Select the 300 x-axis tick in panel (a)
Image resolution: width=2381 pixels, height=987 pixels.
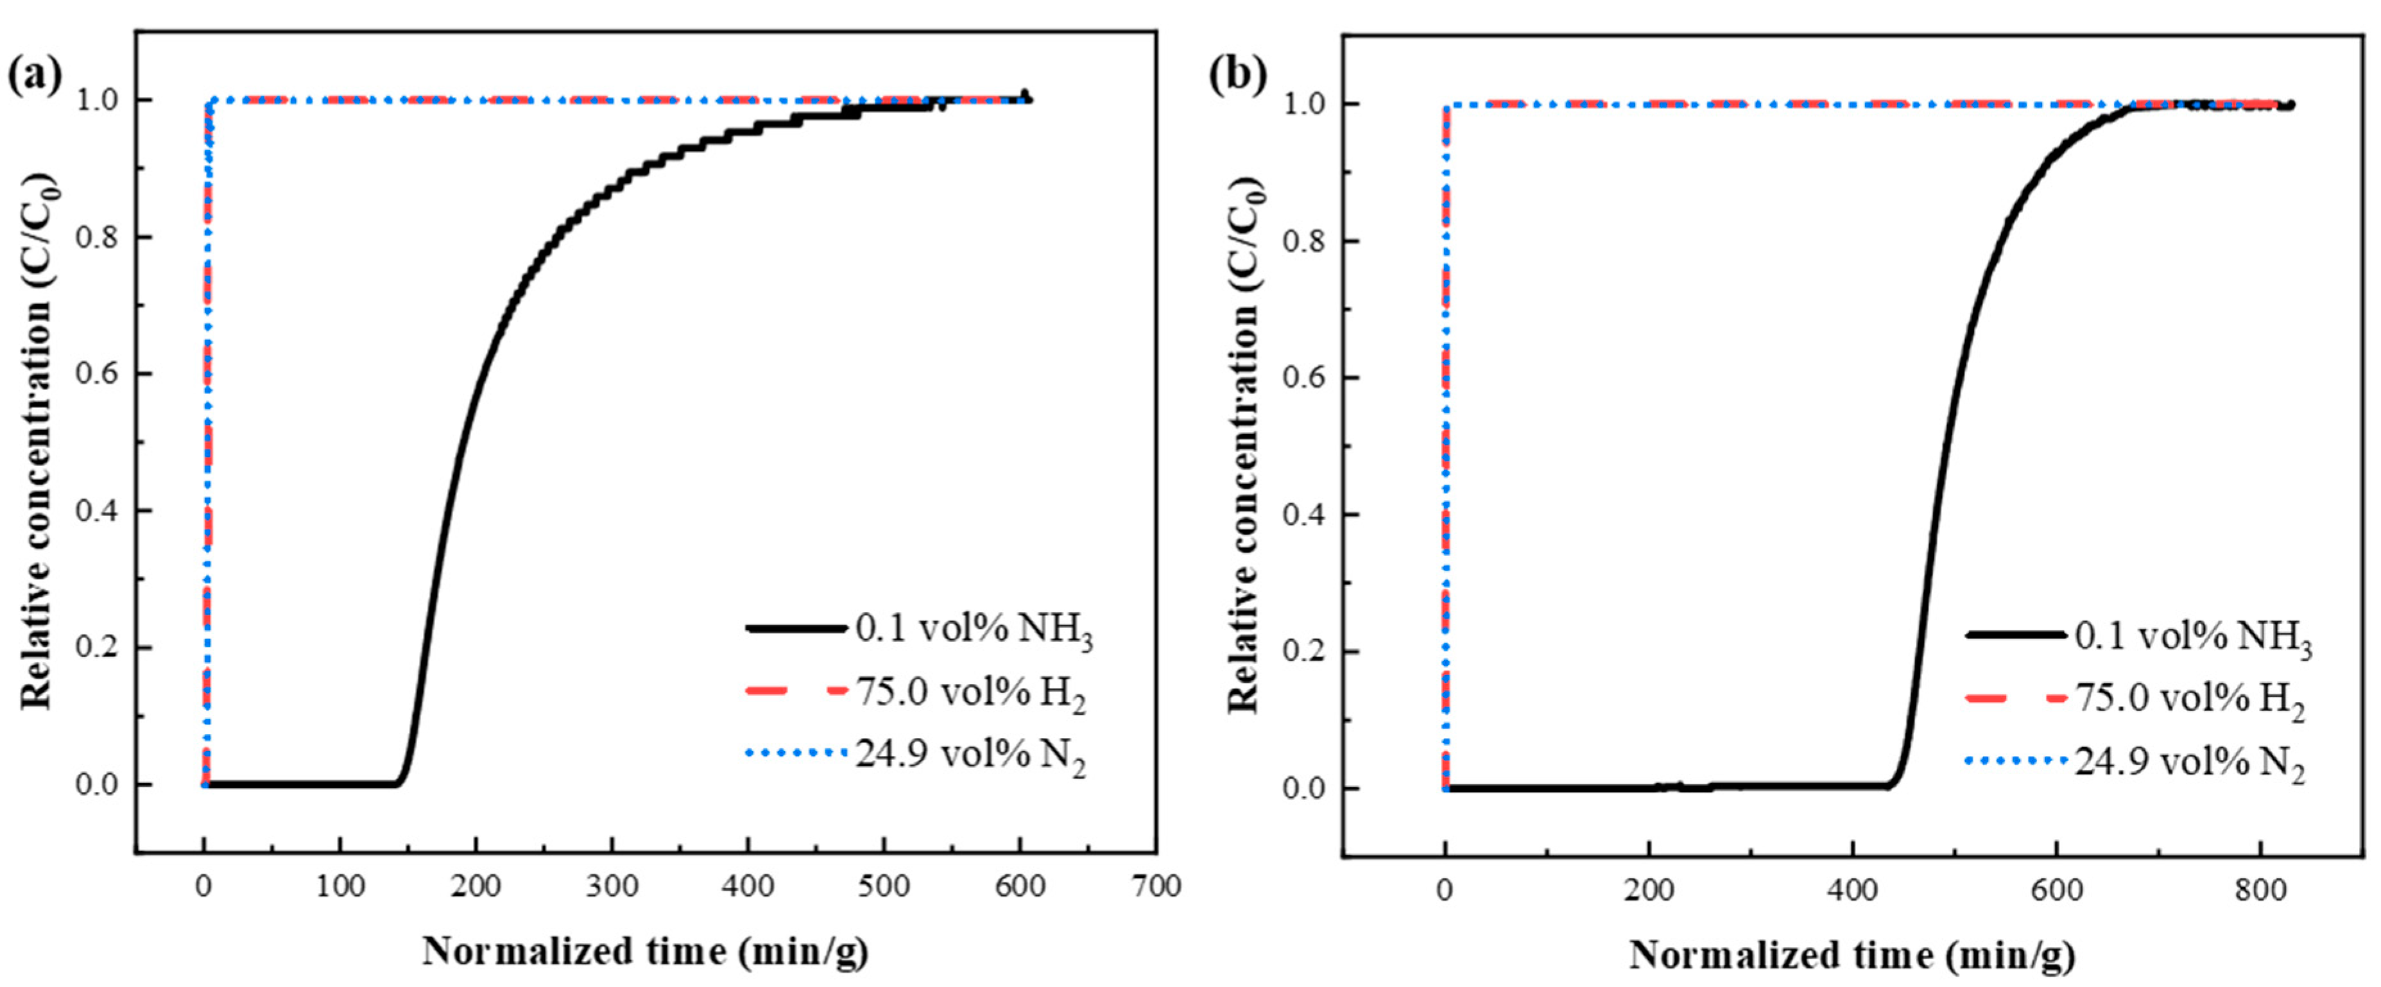(612, 886)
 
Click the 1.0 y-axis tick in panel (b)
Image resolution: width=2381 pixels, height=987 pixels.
(1308, 105)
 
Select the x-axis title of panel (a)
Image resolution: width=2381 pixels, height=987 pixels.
(645, 951)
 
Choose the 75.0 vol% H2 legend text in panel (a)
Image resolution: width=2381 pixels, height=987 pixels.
(970, 693)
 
